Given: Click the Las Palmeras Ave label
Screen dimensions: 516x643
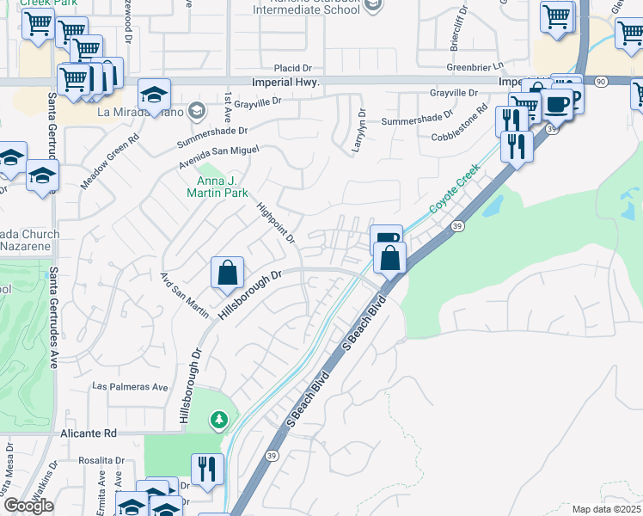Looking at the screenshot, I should [x=130, y=387].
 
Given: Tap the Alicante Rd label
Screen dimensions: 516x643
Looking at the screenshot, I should [x=89, y=434].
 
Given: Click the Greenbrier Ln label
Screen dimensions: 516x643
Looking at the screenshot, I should [x=474, y=67].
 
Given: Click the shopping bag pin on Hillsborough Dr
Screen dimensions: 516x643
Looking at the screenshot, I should [x=228, y=273].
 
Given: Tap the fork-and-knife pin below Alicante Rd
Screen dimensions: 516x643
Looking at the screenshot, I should [x=207, y=469].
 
